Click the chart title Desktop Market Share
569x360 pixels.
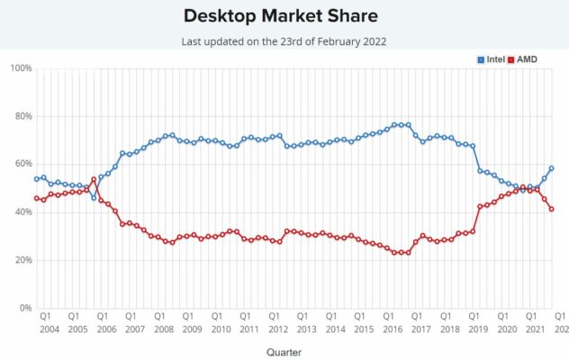281,16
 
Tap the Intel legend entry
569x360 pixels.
492,59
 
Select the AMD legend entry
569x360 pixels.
522,59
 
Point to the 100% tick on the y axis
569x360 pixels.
22,68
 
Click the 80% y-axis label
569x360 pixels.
23,116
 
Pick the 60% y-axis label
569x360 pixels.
23,164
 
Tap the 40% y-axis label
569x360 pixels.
23,211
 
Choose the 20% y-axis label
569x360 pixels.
23,260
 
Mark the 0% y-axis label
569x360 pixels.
26,308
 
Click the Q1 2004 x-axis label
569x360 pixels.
49,322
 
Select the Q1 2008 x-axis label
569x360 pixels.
164,322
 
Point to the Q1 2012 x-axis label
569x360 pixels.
278,322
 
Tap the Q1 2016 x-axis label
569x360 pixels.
393,322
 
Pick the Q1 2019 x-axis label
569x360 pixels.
478,322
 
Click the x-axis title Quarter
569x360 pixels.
284,352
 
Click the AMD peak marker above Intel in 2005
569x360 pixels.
94,179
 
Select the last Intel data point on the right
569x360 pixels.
551,168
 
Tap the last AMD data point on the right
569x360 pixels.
551,209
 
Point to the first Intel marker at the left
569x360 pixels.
36,179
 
